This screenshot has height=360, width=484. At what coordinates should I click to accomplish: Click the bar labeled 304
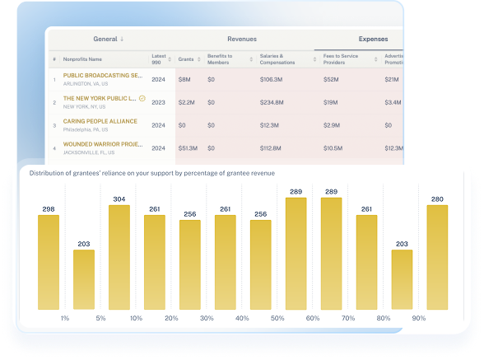point(119,257)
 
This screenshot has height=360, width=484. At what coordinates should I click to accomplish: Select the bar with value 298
point(49,262)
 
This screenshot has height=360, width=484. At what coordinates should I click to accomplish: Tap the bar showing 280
point(437,257)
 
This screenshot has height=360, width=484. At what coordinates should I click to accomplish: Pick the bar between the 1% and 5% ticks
point(84,279)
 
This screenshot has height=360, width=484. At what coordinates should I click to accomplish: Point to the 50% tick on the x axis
point(277,318)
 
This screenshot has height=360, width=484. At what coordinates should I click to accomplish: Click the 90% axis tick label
point(419,318)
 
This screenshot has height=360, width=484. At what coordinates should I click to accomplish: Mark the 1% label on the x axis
point(65,318)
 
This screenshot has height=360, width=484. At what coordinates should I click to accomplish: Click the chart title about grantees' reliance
point(152,173)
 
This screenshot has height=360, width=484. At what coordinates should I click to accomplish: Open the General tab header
point(109,39)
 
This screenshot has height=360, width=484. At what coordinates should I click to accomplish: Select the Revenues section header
point(242,39)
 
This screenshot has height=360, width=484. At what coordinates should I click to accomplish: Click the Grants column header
point(186,59)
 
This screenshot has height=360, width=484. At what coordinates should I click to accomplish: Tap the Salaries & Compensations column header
point(277,59)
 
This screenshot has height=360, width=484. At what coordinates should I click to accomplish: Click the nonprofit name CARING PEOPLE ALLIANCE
point(101,122)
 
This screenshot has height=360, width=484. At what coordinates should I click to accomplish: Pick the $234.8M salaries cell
point(274,102)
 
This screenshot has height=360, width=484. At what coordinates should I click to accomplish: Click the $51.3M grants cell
point(187,148)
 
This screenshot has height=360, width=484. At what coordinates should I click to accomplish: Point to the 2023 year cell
point(159,102)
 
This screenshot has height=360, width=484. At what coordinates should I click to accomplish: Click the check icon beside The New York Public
point(142,98)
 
